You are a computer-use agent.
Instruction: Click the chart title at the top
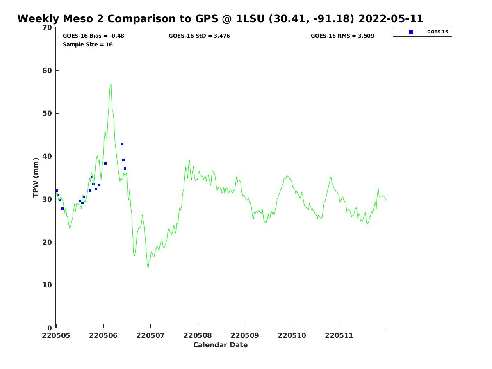[220, 19]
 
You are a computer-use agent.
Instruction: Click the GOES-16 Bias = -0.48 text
[93, 36]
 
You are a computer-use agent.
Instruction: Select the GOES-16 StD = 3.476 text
[199, 36]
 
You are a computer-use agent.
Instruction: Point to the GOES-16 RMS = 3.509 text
[342, 36]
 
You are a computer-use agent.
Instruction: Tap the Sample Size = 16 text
[88, 45]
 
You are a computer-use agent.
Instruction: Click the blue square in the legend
[411, 32]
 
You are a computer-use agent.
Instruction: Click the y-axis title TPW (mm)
[36, 178]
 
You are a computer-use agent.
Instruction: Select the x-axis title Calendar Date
[221, 345]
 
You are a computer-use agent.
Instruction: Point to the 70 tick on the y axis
[48, 27]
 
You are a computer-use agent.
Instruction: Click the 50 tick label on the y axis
[48, 113]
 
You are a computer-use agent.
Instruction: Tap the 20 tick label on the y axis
[48, 242]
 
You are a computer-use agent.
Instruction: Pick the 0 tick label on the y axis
[50, 328]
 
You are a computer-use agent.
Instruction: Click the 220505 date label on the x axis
[57, 336]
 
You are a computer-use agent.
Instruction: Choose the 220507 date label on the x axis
[150, 336]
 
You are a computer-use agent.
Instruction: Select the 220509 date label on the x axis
[245, 336]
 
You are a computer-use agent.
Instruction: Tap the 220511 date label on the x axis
[339, 336]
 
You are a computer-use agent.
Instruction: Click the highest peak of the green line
[111, 84]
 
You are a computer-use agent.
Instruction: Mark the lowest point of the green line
[148, 268]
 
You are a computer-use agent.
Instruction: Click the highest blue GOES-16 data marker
[122, 144]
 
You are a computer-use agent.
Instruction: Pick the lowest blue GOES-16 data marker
[63, 209]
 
